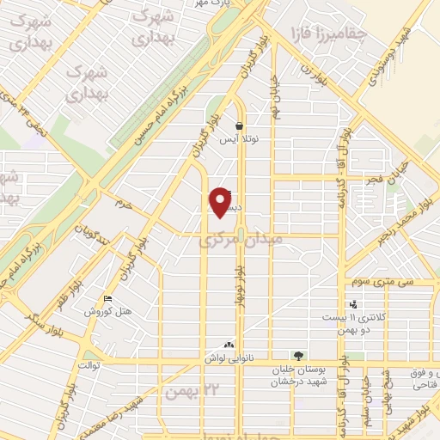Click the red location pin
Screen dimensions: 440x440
coord(221,202)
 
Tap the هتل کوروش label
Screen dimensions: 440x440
coord(107,312)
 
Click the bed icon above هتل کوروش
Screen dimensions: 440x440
coord(107,299)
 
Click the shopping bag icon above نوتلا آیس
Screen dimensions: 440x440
coord(238,125)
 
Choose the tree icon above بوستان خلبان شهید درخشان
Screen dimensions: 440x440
coord(298,354)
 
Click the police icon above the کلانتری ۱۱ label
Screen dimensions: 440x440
coord(353,303)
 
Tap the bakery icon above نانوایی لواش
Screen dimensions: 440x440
coord(228,344)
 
